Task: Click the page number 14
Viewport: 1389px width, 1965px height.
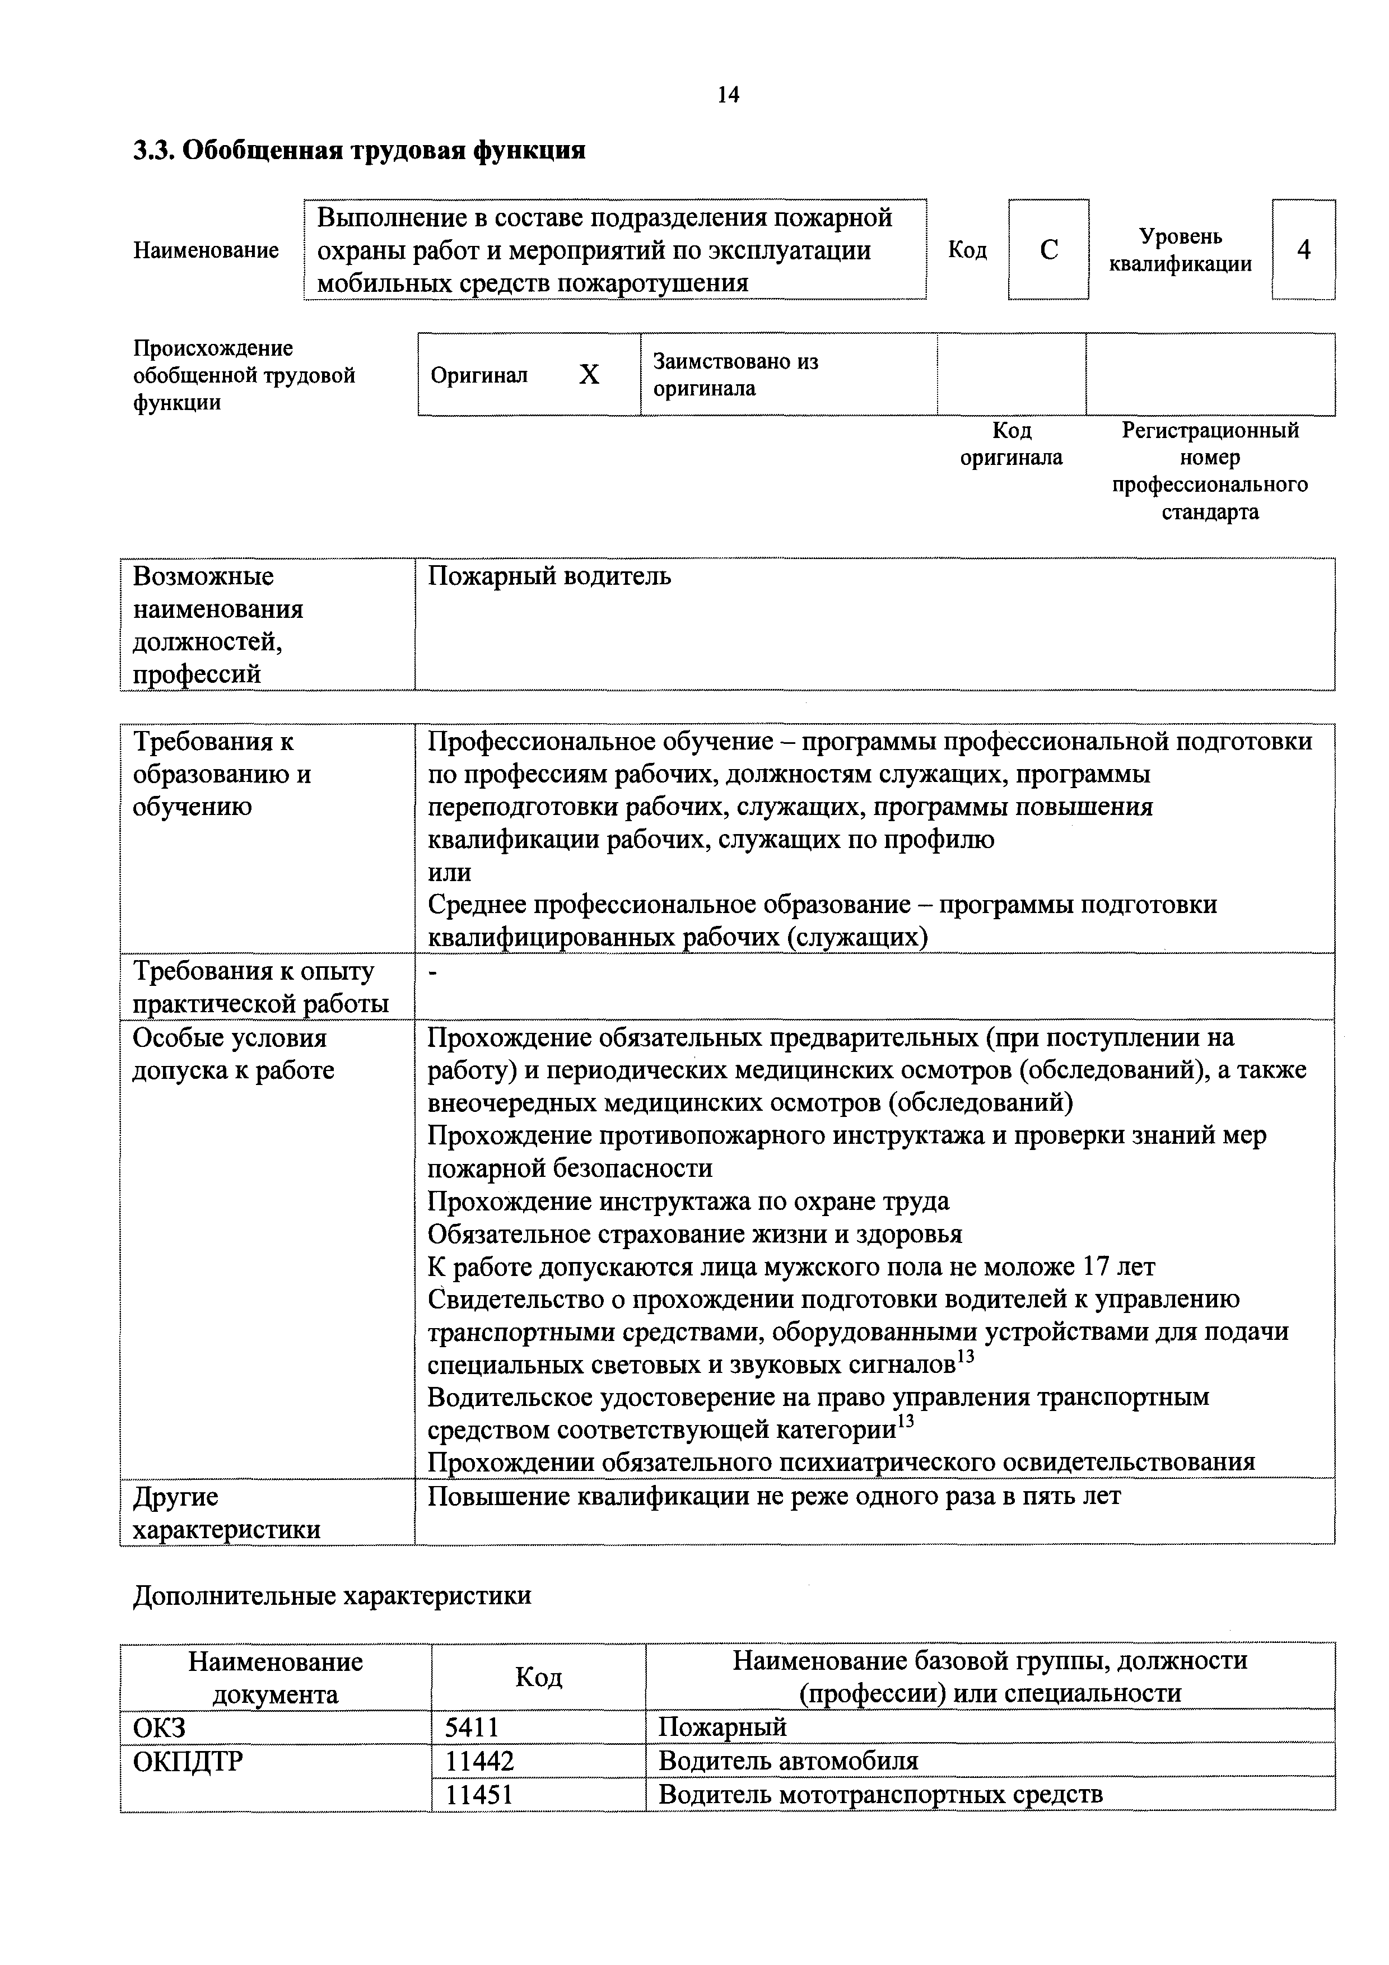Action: (x=728, y=95)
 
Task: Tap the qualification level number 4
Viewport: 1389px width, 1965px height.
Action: (x=1303, y=250)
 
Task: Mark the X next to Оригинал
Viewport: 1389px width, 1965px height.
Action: (x=589, y=375)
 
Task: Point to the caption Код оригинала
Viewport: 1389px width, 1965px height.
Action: (x=1011, y=443)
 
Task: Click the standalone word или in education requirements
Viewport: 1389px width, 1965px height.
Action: (x=449, y=872)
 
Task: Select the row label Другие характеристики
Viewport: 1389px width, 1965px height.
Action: (x=227, y=1512)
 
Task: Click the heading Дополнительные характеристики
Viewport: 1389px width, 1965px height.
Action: (x=332, y=1595)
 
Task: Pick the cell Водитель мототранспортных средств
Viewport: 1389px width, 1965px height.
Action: (x=880, y=1793)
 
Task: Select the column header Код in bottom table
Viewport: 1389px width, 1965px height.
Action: (x=538, y=1677)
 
